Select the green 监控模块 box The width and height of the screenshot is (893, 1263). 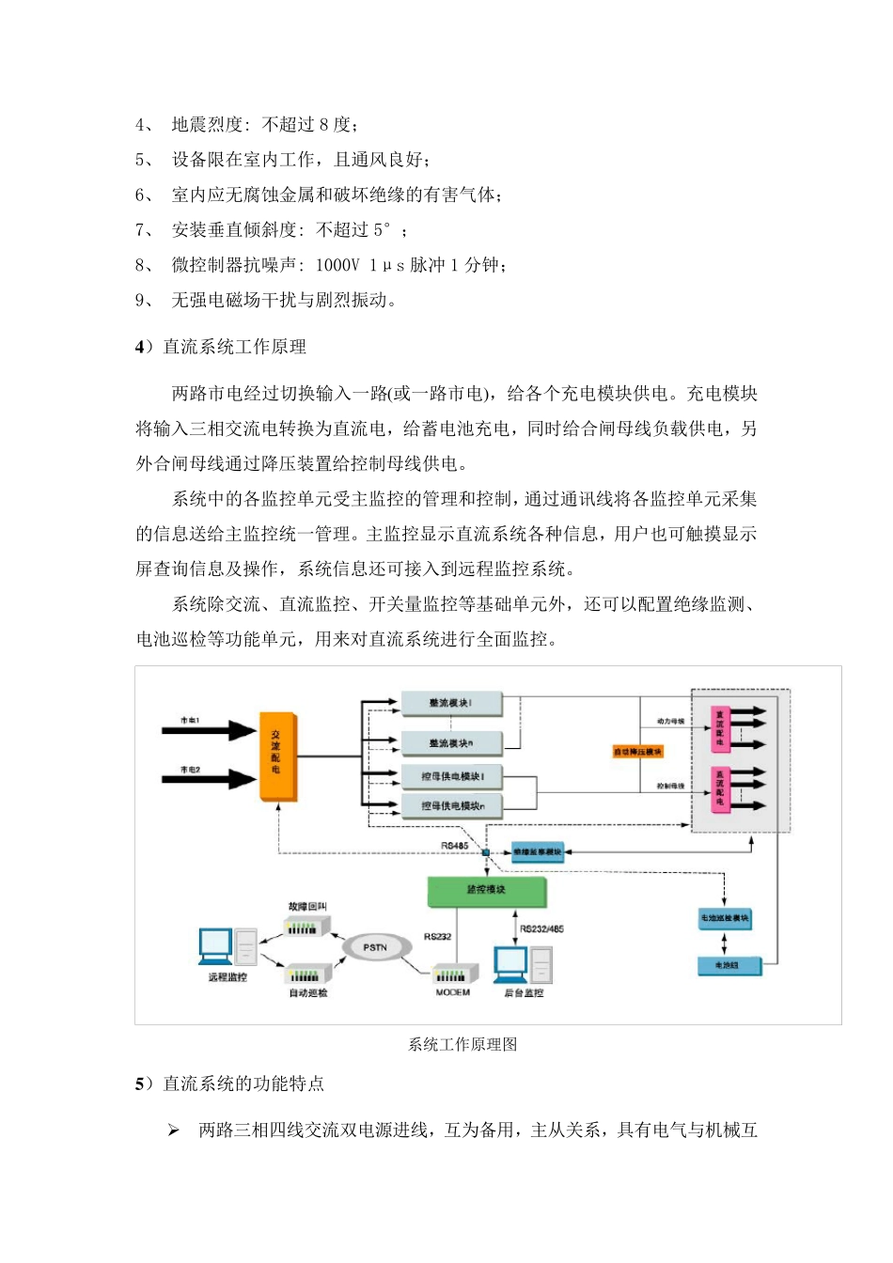coord(486,890)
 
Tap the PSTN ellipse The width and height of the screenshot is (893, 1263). coord(375,947)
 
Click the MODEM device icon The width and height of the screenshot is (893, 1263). coord(452,975)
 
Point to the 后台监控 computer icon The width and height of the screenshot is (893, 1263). coord(522,966)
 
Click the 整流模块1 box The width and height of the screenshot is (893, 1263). coord(451,703)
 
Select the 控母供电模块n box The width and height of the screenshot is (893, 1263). coord(451,806)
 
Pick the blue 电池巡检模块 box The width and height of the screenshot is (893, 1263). coord(725,918)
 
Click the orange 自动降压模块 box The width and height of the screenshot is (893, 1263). coord(638,752)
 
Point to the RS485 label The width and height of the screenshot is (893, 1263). coord(454,846)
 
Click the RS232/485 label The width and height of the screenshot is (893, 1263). coord(541,928)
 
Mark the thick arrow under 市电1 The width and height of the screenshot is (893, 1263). coord(209,731)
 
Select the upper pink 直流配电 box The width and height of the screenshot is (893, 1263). coord(720,729)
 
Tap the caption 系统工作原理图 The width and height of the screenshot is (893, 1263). coord(462,1044)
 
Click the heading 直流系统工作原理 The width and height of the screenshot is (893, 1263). coord(234,347)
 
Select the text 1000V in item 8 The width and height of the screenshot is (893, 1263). coord(337,265)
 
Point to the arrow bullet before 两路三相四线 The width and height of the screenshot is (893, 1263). coord(173,1130)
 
